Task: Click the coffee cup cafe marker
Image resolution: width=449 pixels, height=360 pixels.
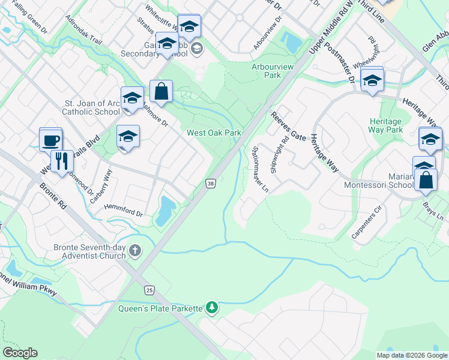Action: coord(50,140)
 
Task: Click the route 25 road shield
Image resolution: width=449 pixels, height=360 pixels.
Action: coord(148,290)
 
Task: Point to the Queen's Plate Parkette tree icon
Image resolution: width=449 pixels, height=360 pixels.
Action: coord(211,308)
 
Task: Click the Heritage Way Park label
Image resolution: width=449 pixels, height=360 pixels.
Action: coord(386,125)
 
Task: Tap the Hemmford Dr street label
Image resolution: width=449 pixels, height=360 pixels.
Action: coord(124,210)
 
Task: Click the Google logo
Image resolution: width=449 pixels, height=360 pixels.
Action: coord(20,353)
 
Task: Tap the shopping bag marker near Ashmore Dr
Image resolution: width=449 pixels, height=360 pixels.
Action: coord(161,92)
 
